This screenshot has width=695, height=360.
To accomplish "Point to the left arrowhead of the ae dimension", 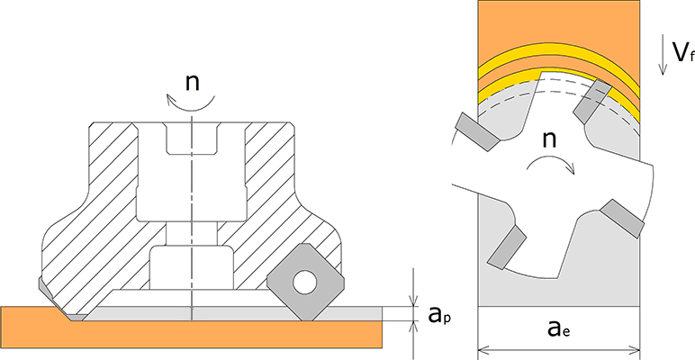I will point(482,346).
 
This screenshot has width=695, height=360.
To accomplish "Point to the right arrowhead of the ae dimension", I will point(635,346).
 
